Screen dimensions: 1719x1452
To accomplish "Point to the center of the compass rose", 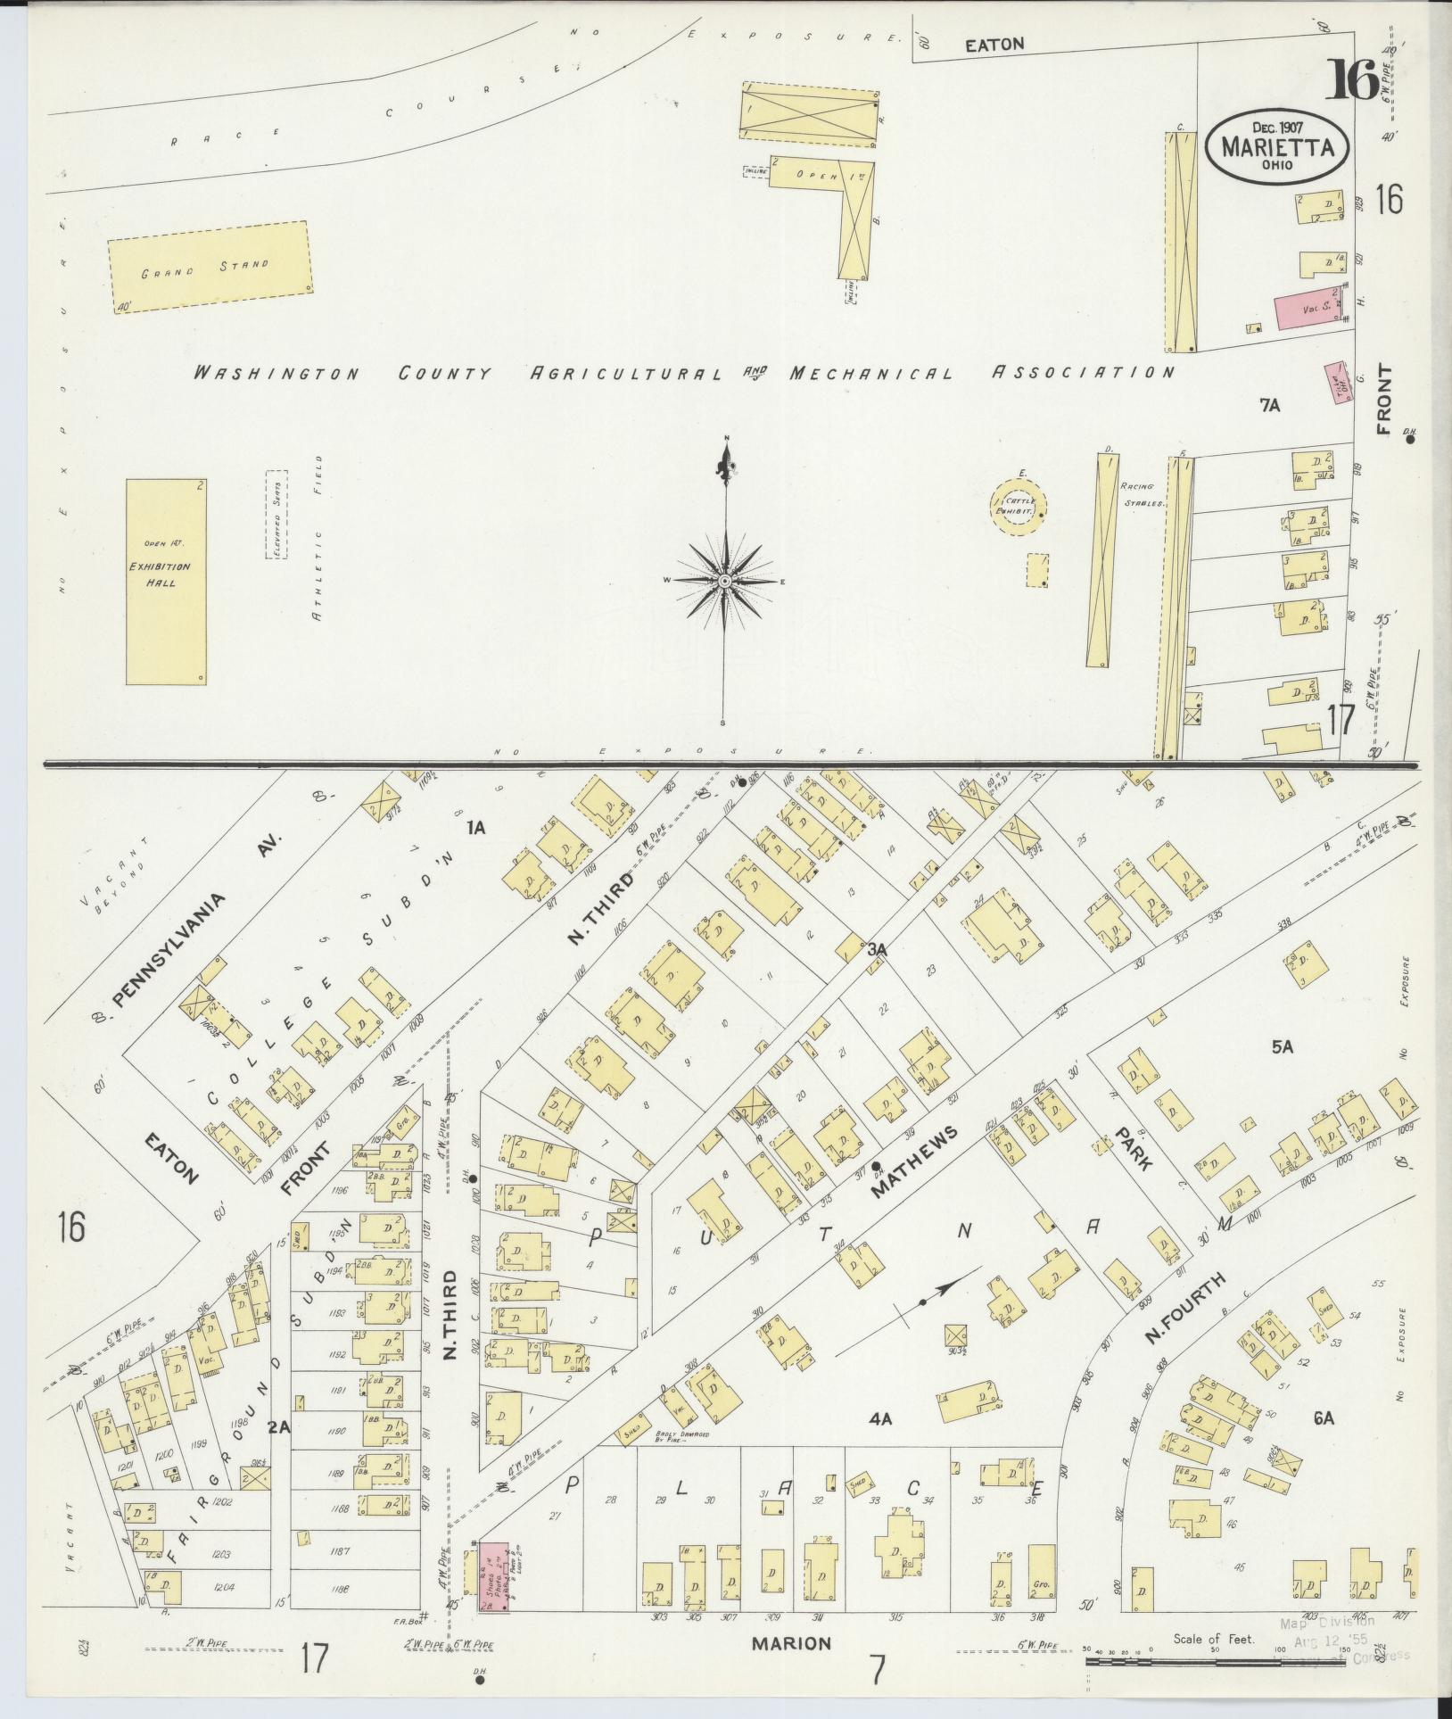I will click(x=726, y=581).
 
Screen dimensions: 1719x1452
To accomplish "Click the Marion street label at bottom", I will click(x=791, y=1642).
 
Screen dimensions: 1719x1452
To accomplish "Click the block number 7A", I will click(x=1269, y=406).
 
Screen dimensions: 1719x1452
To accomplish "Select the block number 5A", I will click(x=1283, y=1047).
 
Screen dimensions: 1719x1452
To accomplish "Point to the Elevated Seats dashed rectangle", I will click(x=276, y=515).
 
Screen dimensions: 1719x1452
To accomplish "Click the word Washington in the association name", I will click(x=276, y=374).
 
